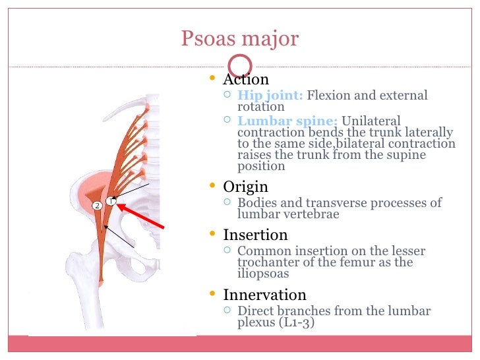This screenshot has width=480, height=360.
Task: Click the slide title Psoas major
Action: (x=239, y=39)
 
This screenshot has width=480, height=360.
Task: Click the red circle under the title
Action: (x=240, y=65)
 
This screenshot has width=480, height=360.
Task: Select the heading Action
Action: (x=246, y=80)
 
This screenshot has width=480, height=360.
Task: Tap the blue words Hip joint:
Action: (x=270, y=96)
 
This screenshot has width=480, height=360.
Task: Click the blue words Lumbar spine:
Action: (x=287, y=121)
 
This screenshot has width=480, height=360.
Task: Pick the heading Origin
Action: (x=245, y=187)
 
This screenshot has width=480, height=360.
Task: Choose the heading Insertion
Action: (x=255, y=235)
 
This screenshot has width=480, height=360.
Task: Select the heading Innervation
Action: (x=264, y=295)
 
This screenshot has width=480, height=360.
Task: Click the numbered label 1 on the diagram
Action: (x=111, y=201)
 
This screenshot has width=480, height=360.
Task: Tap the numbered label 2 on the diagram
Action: (x=96, y=206)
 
